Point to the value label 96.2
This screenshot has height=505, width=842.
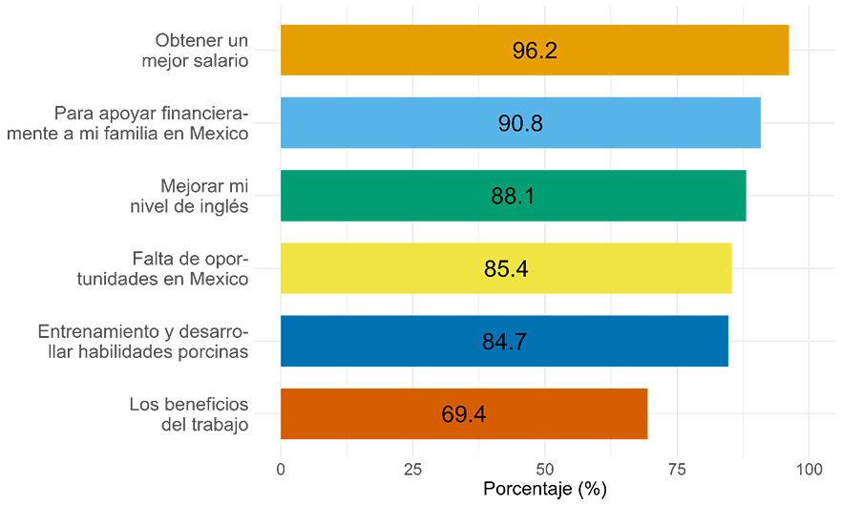534,51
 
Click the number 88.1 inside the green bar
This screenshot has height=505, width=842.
513,197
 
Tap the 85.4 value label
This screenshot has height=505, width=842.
506,269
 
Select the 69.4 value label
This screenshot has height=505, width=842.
464,414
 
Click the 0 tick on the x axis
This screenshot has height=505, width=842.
281,469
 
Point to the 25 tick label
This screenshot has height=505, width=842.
412,469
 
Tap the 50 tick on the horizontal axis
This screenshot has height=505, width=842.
544,469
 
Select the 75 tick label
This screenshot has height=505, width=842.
677,469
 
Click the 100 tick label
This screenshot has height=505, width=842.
809,469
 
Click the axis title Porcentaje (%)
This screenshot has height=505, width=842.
545,490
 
